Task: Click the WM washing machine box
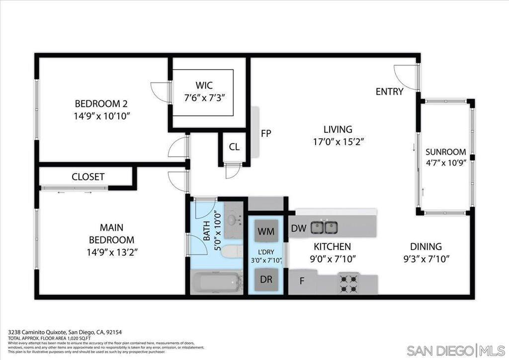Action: [x=266, y=231]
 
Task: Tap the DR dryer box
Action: [x=266, y=279]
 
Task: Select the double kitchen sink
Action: [x=325, y=228]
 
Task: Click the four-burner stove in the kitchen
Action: [x=349, y=283]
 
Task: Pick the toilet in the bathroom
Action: [x=230, y=252]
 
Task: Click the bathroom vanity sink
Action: [x=232, y=219]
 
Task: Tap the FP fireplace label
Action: [x=265, y=133]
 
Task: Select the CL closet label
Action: [x=234, y=147]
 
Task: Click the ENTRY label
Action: [x=389, y=91]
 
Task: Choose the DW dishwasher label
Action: [x=298, y=228]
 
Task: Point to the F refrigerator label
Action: [x=302, y=281]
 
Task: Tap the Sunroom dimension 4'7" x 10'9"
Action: [x=446, y=163]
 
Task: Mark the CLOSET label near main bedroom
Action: [x=87, y=177]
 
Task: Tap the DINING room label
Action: [x=425, y=247]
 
